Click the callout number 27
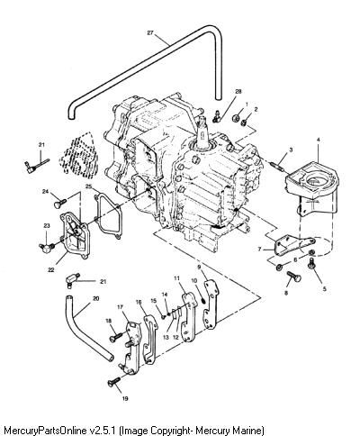point(150,32)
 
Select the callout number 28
point(238,92)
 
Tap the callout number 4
point(319,140)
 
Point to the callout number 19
point(125,399)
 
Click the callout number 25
point(88,186)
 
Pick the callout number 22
point(51,270)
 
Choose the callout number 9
point(199,267)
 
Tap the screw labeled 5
point(312,264)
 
